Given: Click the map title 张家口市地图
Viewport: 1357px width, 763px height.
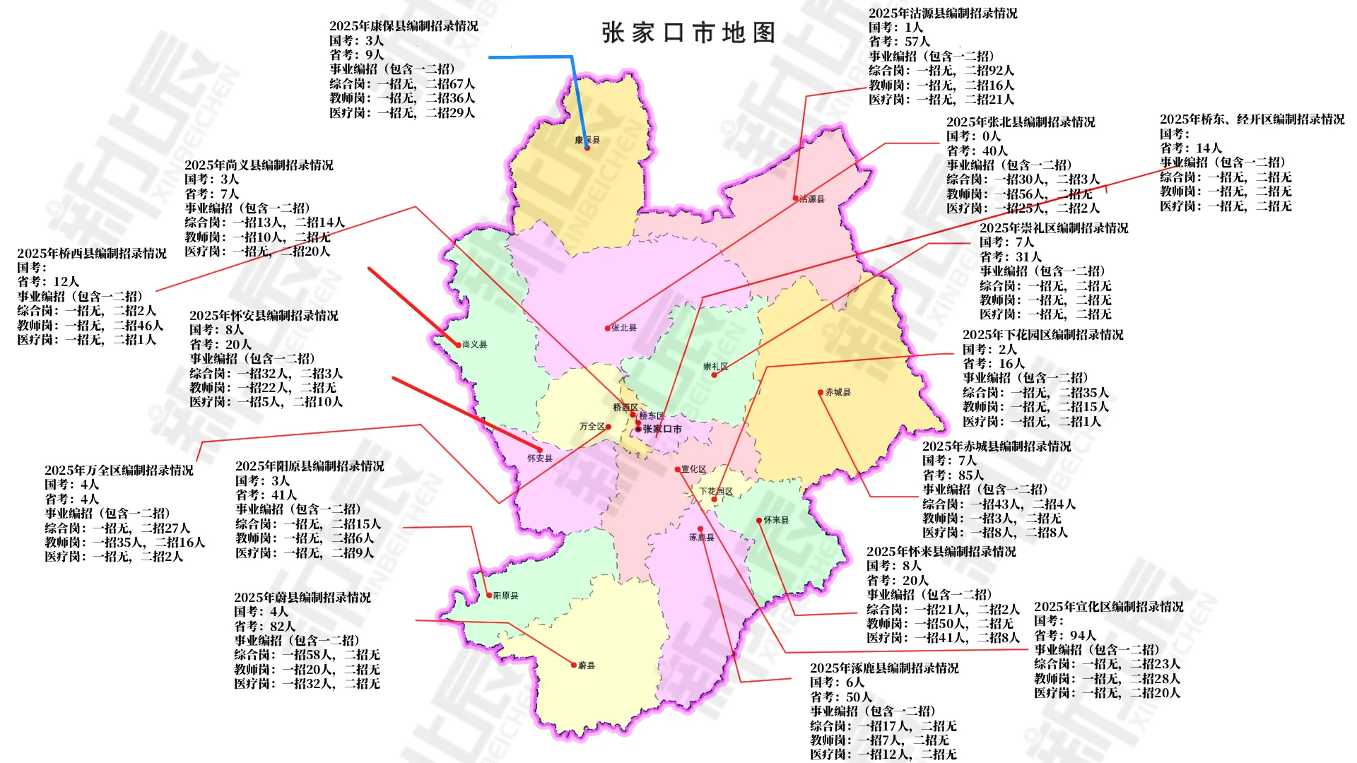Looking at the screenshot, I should [688, 33].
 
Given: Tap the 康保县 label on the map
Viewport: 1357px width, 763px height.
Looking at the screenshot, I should [587, 141].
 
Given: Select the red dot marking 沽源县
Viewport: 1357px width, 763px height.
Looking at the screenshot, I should [795, 199].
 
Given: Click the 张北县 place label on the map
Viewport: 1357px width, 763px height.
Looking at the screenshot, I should [624, 328].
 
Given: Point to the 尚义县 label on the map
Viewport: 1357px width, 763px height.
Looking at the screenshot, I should [475, 345].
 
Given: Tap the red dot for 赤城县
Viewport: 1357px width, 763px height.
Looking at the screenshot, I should [821, 392].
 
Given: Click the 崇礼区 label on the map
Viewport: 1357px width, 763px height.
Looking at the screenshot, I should [715, 367].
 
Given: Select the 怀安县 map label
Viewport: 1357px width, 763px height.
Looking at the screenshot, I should [540, 459].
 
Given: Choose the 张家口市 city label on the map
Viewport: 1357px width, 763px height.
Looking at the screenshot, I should [662, 429].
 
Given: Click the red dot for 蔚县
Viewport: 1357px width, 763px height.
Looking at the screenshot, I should [574, 665].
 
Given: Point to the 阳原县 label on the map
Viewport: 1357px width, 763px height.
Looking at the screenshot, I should [506, 596].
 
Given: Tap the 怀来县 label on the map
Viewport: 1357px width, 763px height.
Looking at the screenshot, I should [776, 520].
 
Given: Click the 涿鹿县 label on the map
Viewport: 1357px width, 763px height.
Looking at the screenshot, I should [702, 538].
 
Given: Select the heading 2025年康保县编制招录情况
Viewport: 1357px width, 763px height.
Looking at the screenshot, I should [404, 26].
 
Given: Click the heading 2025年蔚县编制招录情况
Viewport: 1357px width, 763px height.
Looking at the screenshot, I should [302, 598].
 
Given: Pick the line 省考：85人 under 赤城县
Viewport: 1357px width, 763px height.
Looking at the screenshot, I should [953, 475].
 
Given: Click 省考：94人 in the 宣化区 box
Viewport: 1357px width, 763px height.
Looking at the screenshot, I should [1064, 636].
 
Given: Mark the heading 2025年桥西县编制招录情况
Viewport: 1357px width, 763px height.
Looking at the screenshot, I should [92, 254].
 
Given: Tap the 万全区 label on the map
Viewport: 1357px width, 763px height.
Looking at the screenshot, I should [592, 427].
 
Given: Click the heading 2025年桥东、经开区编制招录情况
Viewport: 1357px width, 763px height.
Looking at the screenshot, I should [1252, 119].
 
